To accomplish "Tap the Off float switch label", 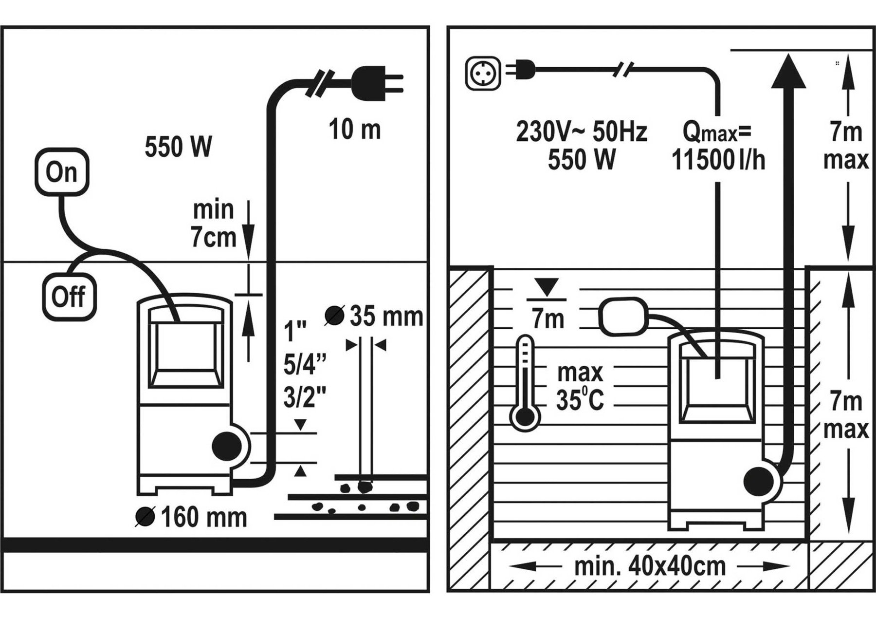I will (68, 297).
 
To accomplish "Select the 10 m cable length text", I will (354, 130).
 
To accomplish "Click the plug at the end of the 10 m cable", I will (378, 79).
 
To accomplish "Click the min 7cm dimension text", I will (213, 224).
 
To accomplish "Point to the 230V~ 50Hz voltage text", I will (582, 132).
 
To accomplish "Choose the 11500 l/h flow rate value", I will (718, 160).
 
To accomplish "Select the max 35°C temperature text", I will (580, 387).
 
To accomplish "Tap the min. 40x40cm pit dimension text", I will (650, 566).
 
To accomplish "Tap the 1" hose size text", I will (295, 333).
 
